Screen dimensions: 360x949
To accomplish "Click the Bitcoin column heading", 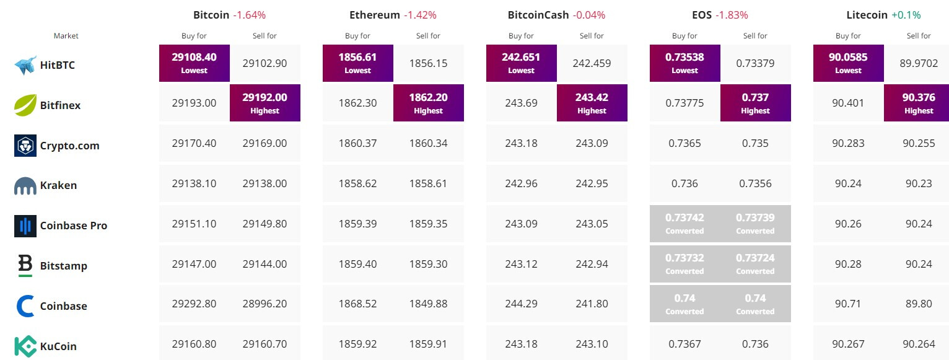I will tap(211, 15).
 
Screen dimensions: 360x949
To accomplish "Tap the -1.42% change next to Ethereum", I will tap(421, 15).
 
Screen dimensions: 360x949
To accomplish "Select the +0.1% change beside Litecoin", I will tap(906, 15).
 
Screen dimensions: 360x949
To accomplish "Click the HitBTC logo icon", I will tap(25, 64).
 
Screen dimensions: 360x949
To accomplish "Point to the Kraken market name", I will tap(58, 185).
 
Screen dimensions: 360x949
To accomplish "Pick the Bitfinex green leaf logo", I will tap(25, 105).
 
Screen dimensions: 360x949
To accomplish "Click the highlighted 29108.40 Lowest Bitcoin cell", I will tap(195, 63).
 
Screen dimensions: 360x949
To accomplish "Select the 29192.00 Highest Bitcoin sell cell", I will tap(265, 103).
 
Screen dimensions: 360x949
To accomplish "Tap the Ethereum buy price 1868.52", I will tap(358, 304).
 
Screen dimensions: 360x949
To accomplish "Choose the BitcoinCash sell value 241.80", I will tap(592, 304).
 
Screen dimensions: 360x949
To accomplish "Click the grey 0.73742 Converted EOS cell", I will tap(684, 224).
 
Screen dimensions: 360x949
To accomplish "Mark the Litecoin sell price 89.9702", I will tap(919, 63).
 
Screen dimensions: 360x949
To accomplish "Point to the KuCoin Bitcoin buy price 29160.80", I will tap(195, 344).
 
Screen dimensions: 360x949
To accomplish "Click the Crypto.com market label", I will tap(70, 146).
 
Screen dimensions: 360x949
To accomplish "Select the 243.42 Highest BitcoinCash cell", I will tap(592, 103).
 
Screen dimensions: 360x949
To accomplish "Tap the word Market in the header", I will tap(66, 36).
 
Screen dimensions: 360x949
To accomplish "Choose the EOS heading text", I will tap(702, 15).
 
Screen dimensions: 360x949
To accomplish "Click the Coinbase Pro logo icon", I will tap(25, 226).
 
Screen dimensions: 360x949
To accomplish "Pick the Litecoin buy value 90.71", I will tap(848, 304).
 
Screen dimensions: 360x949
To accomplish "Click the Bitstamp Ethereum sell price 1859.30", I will tap(428, 263).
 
